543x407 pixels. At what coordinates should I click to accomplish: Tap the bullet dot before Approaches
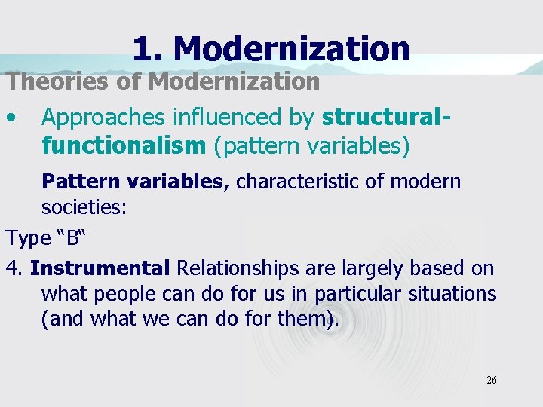click(11, 117)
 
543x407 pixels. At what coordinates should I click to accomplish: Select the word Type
click(27, 238)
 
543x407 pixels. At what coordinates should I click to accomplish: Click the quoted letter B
click(72, 238)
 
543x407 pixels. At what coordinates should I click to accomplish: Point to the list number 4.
click(14, 268)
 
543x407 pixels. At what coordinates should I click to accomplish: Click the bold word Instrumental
click(100, 268)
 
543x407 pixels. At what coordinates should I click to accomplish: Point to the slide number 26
click(491, 381)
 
